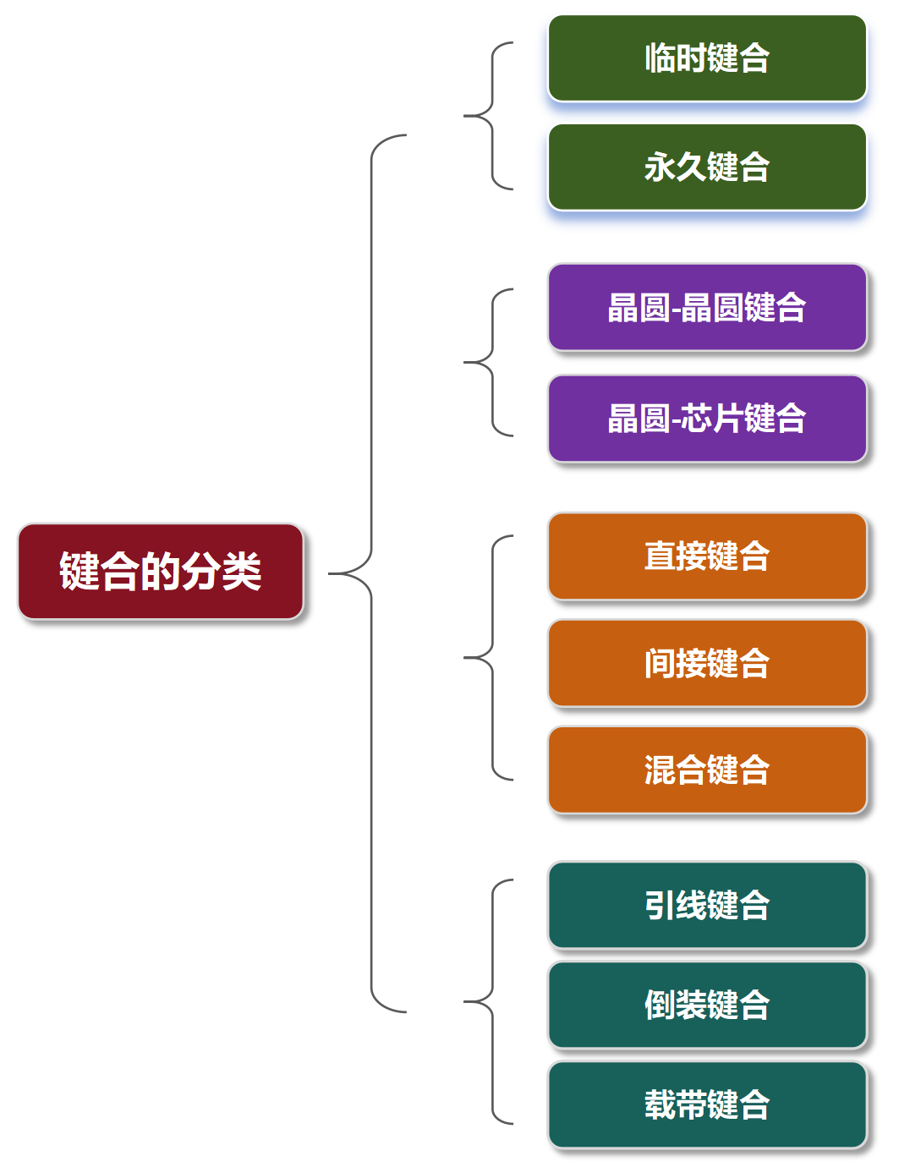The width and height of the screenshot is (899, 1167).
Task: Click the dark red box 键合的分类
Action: tap(161, 572)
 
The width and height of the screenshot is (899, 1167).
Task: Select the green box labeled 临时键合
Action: tap(707, 58)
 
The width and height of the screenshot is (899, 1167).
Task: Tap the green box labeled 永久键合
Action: tap(707, 167)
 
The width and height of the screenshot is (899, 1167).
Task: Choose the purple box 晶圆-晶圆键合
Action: tap(707, 307)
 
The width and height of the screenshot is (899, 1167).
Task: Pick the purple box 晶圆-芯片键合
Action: tap(707, 419)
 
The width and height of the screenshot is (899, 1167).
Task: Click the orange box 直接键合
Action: tap(707, 556)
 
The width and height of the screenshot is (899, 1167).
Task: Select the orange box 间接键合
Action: tap(707, 664)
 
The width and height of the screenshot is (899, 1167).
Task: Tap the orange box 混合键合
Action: tap(707, 770)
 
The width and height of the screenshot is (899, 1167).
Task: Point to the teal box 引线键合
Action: tap(707, 906)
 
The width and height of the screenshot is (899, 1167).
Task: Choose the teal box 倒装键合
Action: tap(707, 1005)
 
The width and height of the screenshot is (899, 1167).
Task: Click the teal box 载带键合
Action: tap(707, 1105)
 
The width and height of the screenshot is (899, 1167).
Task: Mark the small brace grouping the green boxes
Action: tap(491, 115)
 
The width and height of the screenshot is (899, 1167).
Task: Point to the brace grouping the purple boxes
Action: tap(491, 363)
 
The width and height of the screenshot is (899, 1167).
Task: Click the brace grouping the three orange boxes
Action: tap(491, 657)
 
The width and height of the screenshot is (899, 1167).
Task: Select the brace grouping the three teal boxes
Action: tap(491, 1002)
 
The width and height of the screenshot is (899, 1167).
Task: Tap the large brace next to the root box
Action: tap(371, 573)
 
